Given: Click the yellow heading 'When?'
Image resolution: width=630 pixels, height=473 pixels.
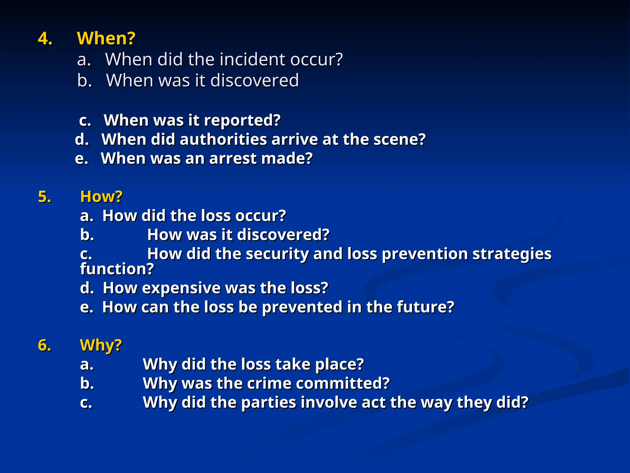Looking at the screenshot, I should [x=106, y=38].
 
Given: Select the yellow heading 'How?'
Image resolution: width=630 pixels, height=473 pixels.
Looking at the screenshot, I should [x=101, y=196].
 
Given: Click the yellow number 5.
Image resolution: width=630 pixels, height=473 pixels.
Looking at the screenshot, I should [x=45, y=197].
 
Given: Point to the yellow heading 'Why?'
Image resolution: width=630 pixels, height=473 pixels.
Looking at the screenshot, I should [x=101, y=345].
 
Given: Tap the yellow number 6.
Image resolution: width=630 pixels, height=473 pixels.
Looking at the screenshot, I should [x=45, y=345].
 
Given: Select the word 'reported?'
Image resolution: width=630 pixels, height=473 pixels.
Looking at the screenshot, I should [x=242, y=120].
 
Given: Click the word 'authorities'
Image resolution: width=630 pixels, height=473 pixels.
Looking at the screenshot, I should [x=223, y=139].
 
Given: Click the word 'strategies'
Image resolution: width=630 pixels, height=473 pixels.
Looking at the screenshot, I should [x=512, y=254].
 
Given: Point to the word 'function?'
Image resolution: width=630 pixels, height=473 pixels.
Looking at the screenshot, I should [x=117, y=269].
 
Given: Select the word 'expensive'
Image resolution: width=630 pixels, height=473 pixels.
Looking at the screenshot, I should [x=181, y=288].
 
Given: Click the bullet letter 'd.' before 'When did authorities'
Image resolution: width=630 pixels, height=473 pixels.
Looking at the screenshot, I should [x=82, y=139].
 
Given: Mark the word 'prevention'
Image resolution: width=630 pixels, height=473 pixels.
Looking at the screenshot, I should [x=425, y=254].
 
